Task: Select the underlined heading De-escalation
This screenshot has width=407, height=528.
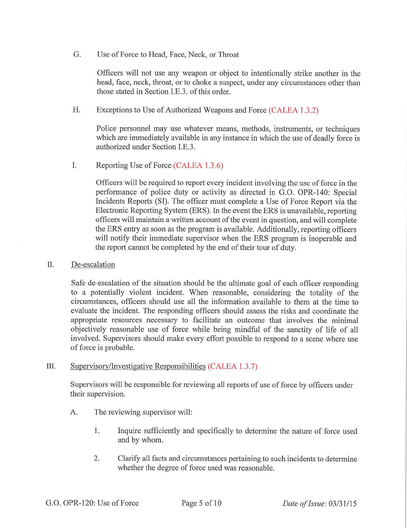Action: point(93,264)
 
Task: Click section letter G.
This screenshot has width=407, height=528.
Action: point(77,54)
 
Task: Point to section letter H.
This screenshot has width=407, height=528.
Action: point(77,110)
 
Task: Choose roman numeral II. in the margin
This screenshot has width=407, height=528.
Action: point(50,264)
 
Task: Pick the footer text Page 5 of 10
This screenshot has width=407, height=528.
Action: point(201,502)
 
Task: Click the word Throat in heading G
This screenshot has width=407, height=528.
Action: point(228,54)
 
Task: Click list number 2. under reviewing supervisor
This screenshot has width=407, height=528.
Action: point(97,458)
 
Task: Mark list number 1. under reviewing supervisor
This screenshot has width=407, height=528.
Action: point(97,431)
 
